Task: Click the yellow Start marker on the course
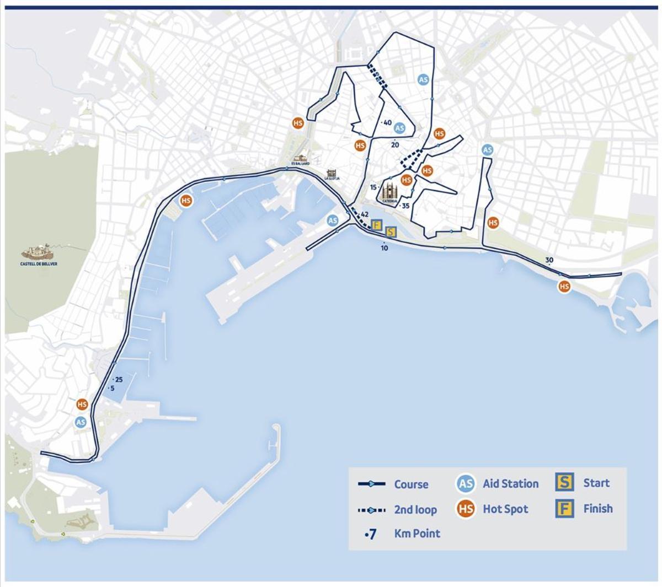[391, 232]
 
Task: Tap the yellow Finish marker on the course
[377, 224]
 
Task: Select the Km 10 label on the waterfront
[385, 247]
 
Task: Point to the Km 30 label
[549, 260]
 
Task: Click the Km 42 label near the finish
[364, 214]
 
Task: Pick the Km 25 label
[118, 379]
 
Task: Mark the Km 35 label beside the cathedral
[405, 206]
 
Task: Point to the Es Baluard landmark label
[301, 164]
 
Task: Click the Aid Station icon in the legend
[466, 484]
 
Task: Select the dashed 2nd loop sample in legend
[371, 510]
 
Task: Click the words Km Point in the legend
[417, 533]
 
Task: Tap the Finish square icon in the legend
[563, 509]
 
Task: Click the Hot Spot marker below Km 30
[564, 287]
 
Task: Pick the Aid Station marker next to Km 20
[399, 128]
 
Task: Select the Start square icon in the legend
[563, 483]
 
